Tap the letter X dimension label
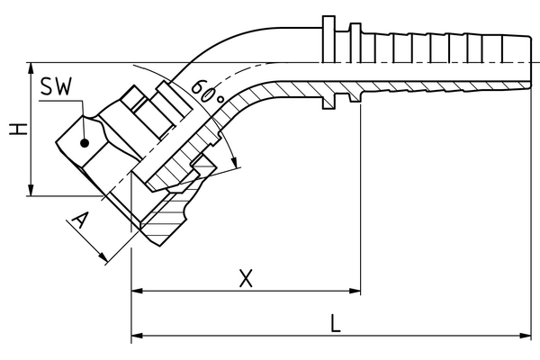(245, 278)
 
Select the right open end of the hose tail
(533, 62)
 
